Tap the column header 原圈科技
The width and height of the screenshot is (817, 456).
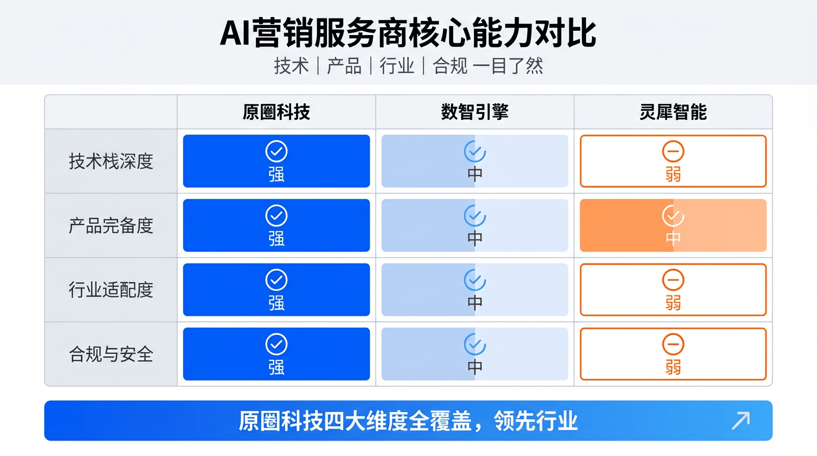(276, 112)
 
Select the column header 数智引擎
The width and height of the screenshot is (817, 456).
(474, 112)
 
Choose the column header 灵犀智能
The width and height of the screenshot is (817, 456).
(673, 112)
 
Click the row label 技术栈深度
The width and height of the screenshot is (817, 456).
(111, 161)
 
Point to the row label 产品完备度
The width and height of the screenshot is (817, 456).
(111, 226)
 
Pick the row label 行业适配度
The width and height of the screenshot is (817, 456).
(111, 290)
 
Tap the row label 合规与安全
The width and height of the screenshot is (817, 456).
(111, 354)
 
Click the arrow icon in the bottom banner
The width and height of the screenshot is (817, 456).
(741, 420)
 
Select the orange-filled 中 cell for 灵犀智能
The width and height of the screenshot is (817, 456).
(673, 226)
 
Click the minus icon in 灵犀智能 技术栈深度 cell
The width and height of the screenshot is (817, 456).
(673, 151)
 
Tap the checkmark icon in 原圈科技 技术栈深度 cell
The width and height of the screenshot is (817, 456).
(276, 151)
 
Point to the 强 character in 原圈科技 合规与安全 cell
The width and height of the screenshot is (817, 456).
(276, 367)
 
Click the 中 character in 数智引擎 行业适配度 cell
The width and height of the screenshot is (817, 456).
(474, 303)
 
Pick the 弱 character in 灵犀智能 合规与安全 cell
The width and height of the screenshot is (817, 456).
(673, 367)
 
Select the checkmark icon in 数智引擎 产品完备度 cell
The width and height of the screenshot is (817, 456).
(474, 216)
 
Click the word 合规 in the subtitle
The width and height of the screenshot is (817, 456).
(449, 66)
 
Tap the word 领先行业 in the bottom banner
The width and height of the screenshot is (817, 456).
(536, 421)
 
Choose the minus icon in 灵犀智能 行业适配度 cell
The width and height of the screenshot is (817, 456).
(673, 280)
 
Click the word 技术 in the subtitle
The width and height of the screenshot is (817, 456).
(292, 66)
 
